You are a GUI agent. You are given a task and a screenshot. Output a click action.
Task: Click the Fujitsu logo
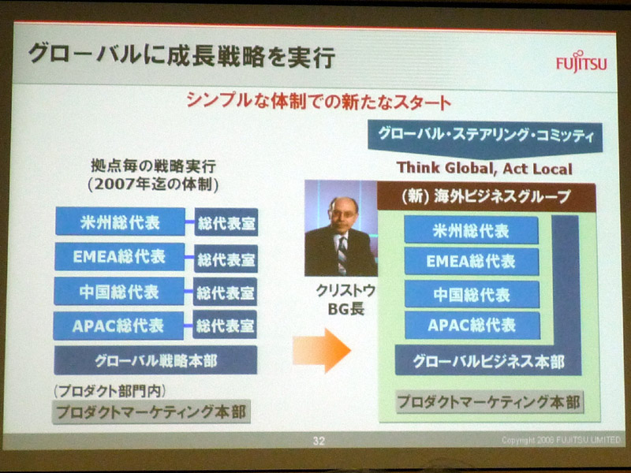click(x=581, y=62)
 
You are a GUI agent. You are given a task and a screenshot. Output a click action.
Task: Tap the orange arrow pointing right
click(x=322, y=350)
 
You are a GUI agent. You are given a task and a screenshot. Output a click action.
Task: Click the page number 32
click(x=319, y=441)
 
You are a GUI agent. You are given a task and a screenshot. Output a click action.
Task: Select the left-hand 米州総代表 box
click(x=120, y=222)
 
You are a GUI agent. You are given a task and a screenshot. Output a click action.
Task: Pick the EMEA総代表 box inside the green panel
click(x=471, y=262)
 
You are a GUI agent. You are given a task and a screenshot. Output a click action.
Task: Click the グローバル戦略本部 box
click(x=155, y=360)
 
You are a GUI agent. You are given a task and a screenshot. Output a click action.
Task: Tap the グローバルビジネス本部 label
click(x=488, y=362)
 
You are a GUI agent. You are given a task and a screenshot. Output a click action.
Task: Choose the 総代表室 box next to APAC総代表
click(x=225, y=325)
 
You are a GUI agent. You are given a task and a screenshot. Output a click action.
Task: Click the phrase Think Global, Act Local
click(x=484, y=168)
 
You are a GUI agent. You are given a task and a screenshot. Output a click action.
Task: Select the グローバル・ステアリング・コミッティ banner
click(x=485, y=136)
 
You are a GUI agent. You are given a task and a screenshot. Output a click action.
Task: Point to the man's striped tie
click(x=342, y=255)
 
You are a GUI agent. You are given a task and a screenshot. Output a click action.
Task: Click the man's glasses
click(x=342, y=213)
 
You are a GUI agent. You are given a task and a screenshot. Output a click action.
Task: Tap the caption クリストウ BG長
click(x=345, y=300)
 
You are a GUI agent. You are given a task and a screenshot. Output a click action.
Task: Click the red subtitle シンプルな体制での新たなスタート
click(x=319, y=102)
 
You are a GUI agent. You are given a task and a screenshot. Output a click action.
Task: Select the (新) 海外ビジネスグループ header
click(x=486, y=196)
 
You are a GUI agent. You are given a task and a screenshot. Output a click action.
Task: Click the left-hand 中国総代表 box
click(x=119, y=292)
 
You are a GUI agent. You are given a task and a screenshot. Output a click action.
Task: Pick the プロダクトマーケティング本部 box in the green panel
click(x=490, y=402)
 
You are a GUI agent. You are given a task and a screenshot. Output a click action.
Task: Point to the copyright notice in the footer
click(x=561, y=440)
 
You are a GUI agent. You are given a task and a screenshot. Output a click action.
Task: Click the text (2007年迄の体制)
click(x=153, y=184)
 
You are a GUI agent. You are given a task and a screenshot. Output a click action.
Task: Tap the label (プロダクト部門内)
click(x=109, y=390)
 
